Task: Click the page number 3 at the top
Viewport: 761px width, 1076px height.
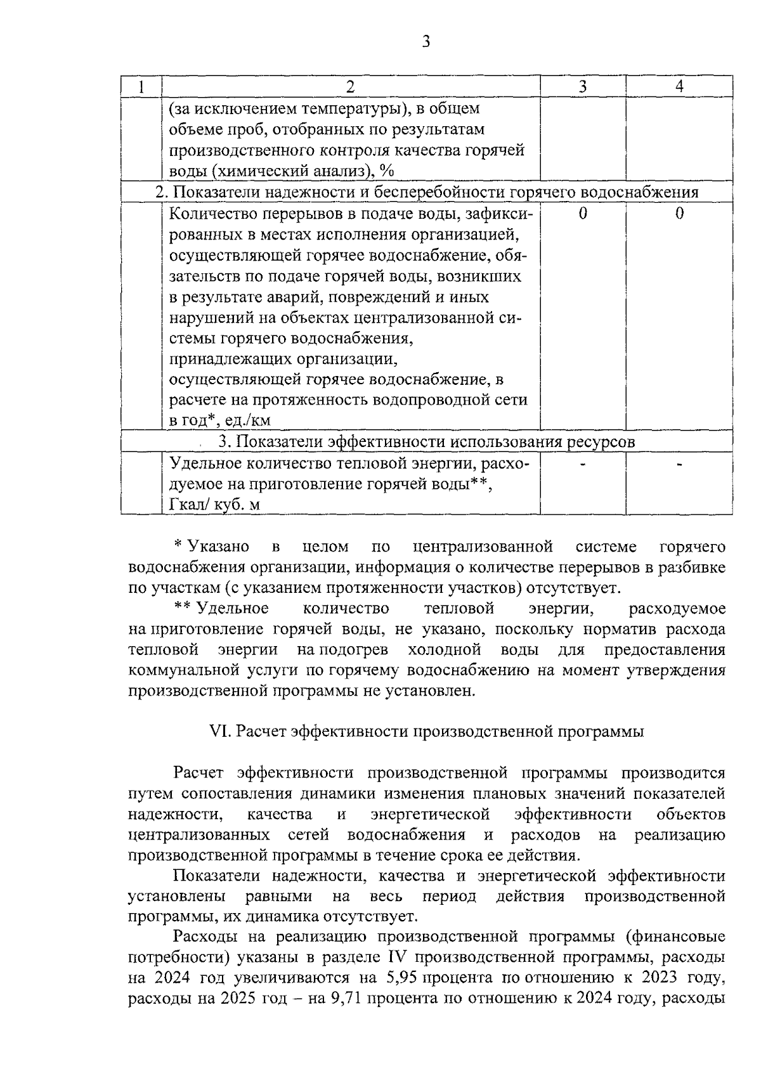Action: pyautogui.click(x=426, y=42)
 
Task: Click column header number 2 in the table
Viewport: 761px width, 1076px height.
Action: pyautogui.click(x=350, y=86)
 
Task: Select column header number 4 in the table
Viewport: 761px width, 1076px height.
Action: pyautogui.click(x=679, y=86)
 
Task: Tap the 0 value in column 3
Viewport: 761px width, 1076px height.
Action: pyautogui.click(x=583, y=214)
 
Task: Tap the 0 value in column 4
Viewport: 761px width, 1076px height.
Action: pyautogui.click(x=679, y=214)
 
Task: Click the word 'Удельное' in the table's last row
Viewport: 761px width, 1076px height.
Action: pyautogui.click(x=200, y=463)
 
